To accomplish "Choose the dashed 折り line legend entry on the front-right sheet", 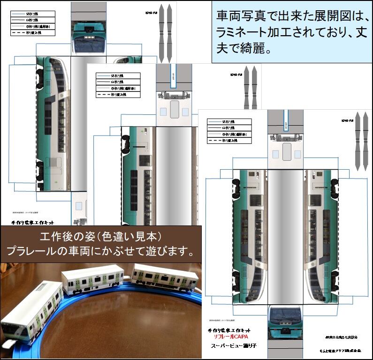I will [x=229, y=140].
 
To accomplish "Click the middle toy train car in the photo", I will [x=93, y=280].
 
